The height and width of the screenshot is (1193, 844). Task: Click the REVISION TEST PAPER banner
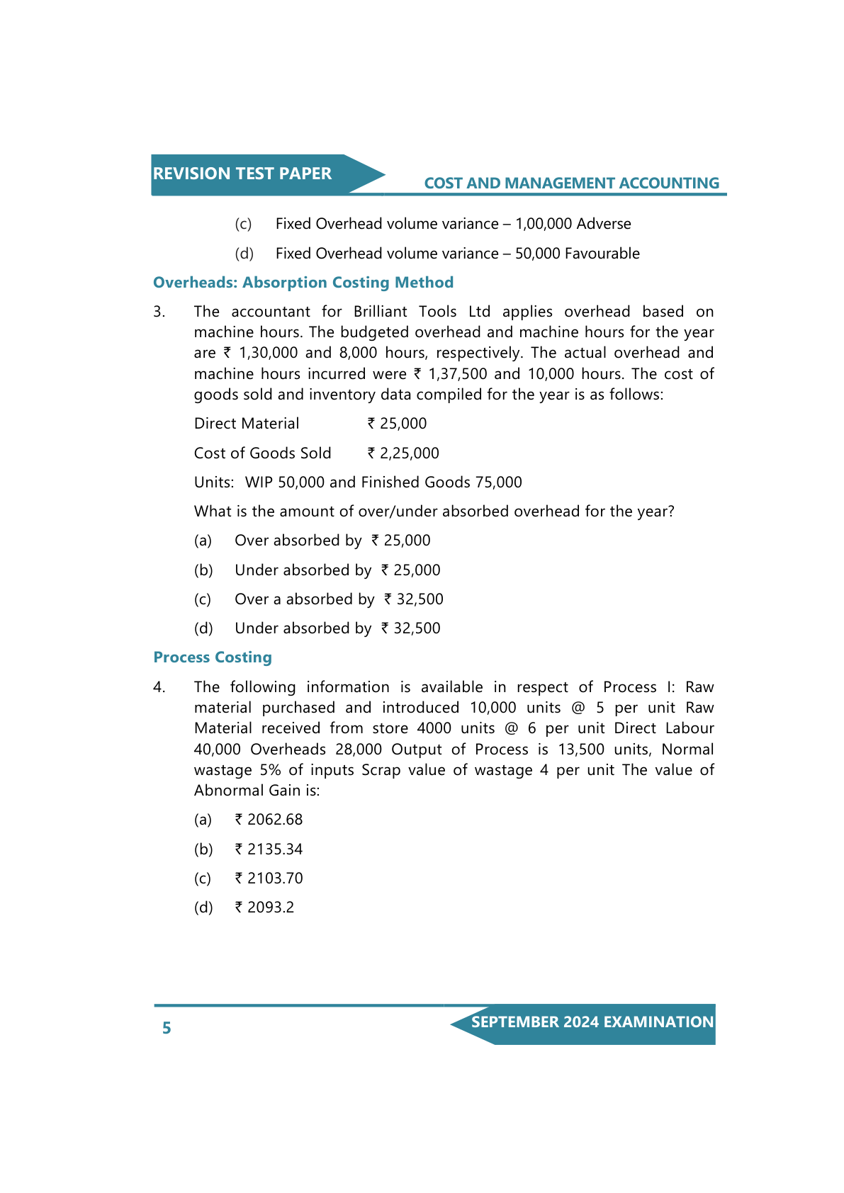point(242,174)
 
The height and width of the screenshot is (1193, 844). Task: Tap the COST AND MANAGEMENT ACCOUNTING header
point(571,183)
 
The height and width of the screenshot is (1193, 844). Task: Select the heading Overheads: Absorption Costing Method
point(303,283)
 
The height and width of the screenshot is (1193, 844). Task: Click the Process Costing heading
point(213,657)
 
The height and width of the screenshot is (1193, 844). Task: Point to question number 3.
point(159,312)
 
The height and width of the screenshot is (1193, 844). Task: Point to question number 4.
point(159,687)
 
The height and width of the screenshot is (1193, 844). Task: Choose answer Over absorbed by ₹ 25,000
point(332,541)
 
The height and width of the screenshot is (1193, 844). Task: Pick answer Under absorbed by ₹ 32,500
point(337,628)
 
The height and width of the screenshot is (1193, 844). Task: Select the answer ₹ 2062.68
point(269,820)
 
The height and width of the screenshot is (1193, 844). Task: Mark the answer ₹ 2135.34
point(269,849)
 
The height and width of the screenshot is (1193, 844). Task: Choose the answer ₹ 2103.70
point(269,878)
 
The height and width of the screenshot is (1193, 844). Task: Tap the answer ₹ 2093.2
point(264,908)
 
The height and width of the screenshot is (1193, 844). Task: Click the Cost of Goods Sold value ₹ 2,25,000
point(403,453)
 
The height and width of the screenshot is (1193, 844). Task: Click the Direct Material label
point(247,424)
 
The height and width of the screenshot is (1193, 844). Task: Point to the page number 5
point(167,1028)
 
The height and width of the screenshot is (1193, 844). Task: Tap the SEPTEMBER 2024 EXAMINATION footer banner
point(592,1022)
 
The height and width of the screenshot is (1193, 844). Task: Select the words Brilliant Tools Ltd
point(422,312)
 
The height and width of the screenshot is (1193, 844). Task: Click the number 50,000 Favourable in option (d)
point(577,254)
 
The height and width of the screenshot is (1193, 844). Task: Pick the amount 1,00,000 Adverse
point(573,224)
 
